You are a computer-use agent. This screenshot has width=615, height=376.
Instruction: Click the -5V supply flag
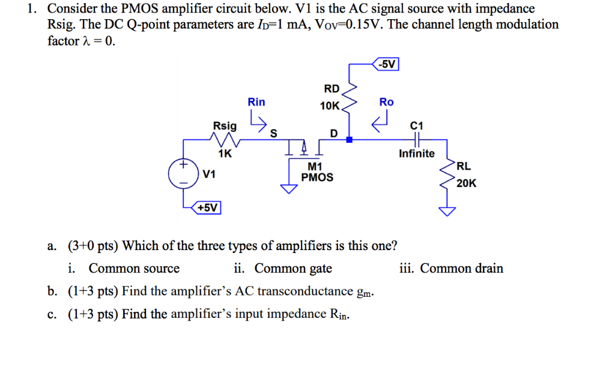point(387,64)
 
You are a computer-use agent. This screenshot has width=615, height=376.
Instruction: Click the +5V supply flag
point(208,207)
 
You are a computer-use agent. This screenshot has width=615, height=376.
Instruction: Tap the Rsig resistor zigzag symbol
point(225,140)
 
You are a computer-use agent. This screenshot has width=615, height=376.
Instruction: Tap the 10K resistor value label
point(329,106)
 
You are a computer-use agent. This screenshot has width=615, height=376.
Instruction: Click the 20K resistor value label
point(467,184)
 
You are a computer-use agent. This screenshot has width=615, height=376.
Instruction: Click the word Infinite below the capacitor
point(416,154)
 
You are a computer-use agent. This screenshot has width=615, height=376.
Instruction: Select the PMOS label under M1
point(317,178)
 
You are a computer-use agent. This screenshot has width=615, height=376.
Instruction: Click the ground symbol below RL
point(447,210)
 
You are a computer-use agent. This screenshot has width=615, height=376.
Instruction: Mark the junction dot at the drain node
point(350,140)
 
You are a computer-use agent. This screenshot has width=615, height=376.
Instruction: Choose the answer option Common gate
point(293,269)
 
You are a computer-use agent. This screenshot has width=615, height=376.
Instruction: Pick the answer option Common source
point(134,269)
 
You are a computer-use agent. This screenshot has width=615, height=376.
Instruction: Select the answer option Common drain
point(461,269)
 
